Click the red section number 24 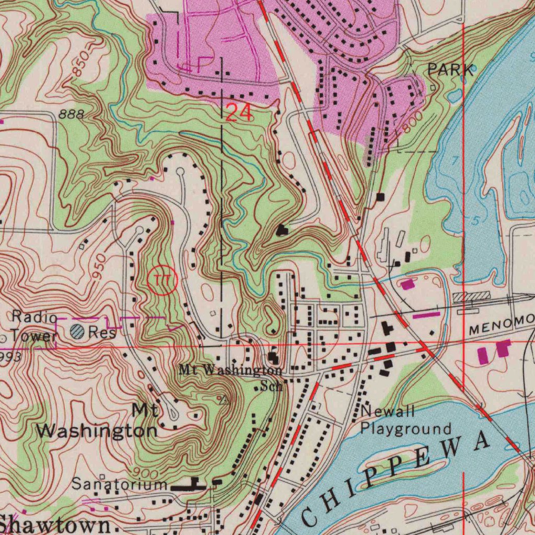pos(239,112)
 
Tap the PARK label pos(451,69)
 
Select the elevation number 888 pos(71,115)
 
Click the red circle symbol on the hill pos(163,281)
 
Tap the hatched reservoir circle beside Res pos(77,331)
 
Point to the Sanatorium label pos(120,484)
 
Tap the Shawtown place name pos(55,524)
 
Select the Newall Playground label pos(405,421)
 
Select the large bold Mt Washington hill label pos(98,422)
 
